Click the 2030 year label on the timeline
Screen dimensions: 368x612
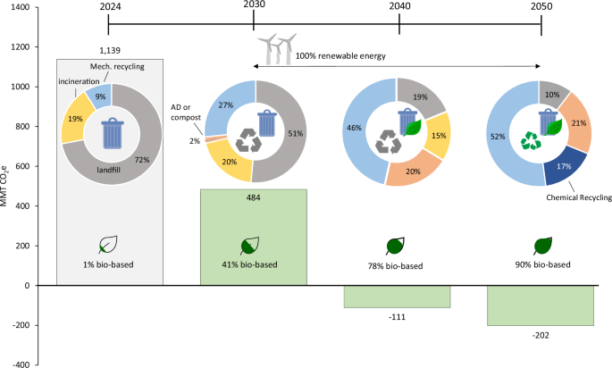coord(254,7)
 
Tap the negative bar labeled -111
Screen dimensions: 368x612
coord(398,296)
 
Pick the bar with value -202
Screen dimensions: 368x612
coord(541,305)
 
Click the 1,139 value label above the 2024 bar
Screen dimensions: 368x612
coord(107,51)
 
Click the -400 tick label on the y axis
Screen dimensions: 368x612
coord(17,364)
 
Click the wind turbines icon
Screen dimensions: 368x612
coord(279,47)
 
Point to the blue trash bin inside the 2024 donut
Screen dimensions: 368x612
coord(112,133)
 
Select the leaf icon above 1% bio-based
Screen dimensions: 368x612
coord(109,244)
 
